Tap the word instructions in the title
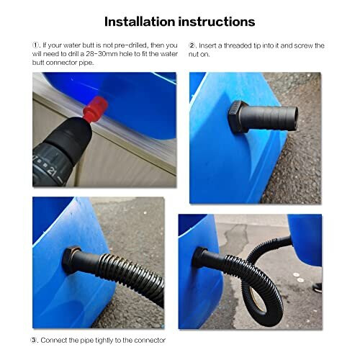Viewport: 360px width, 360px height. click(x=219, y=22)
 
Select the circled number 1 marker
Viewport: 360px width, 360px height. click(x=36, y=45)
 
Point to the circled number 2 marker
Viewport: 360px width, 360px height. click(x=192, y=45)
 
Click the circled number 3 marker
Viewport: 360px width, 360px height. click(x=35, y=340)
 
